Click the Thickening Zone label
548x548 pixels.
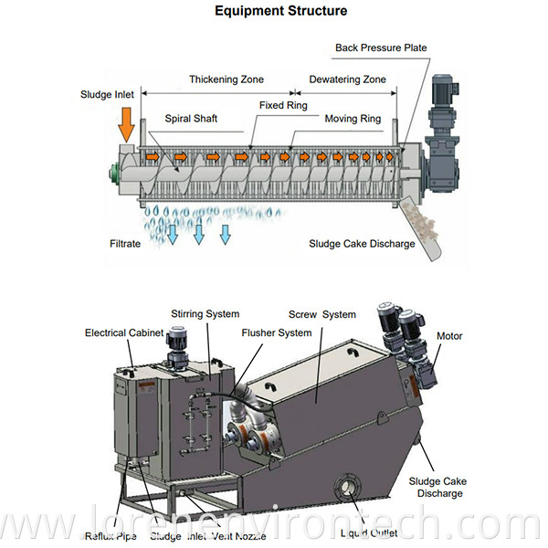point(226,79)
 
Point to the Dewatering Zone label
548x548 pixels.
point(347,79)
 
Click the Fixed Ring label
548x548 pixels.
point(284,106)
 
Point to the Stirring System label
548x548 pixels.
point(210,315)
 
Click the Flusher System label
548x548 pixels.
point(277,332)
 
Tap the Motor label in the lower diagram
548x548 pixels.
point(449,335)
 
